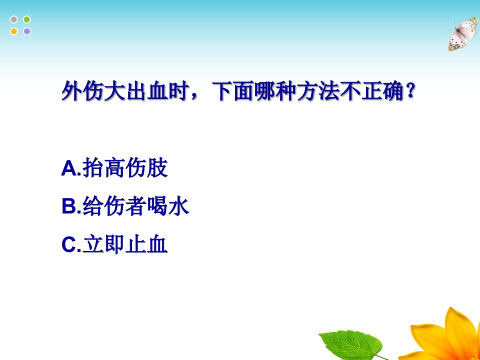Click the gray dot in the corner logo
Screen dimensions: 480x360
[14, 19]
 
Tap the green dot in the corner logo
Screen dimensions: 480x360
[27, 19]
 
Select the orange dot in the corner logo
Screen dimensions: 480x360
[14, 31]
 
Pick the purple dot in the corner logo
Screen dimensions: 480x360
[27, 31]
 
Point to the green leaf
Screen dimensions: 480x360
[351, 344]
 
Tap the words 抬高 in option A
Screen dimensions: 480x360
[103, 168]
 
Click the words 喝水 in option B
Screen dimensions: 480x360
[168, 206]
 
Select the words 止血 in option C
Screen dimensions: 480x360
[146, 244]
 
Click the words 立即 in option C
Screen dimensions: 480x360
[103, 244]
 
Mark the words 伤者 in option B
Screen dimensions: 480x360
[125, 206]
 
